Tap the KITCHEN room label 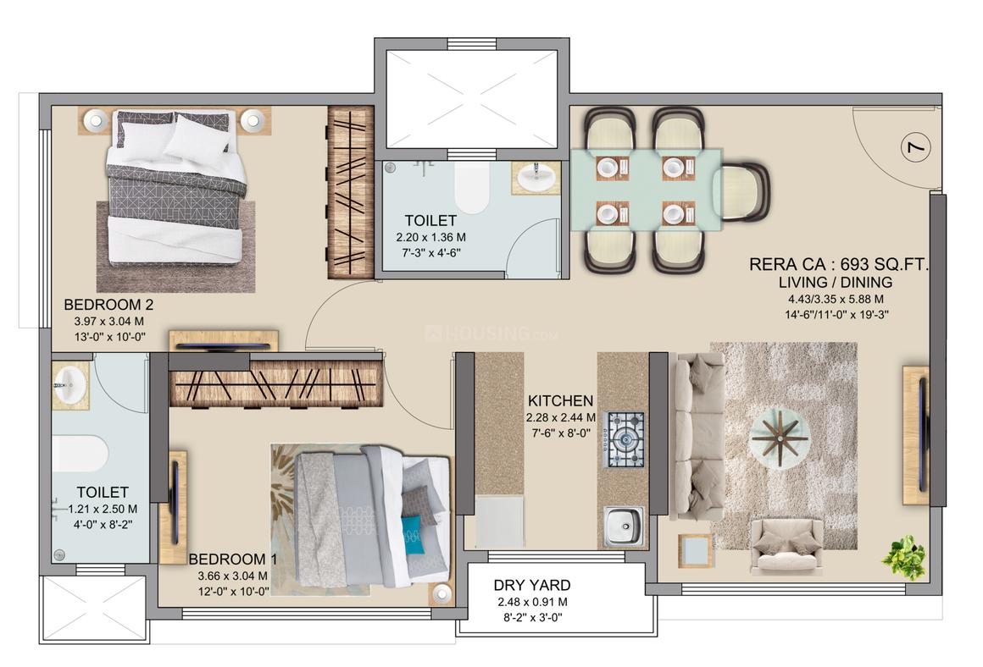560,400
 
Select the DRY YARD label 532,585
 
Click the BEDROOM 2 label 108,305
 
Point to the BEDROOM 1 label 233,559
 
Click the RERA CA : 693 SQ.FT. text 839,265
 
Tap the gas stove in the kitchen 623,439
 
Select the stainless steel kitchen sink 623,525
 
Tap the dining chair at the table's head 743,191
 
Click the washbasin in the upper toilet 536,178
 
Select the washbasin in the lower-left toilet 69,386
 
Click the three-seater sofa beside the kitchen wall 697,436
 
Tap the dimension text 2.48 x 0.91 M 532,602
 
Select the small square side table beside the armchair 695,550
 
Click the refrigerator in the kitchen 498,521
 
